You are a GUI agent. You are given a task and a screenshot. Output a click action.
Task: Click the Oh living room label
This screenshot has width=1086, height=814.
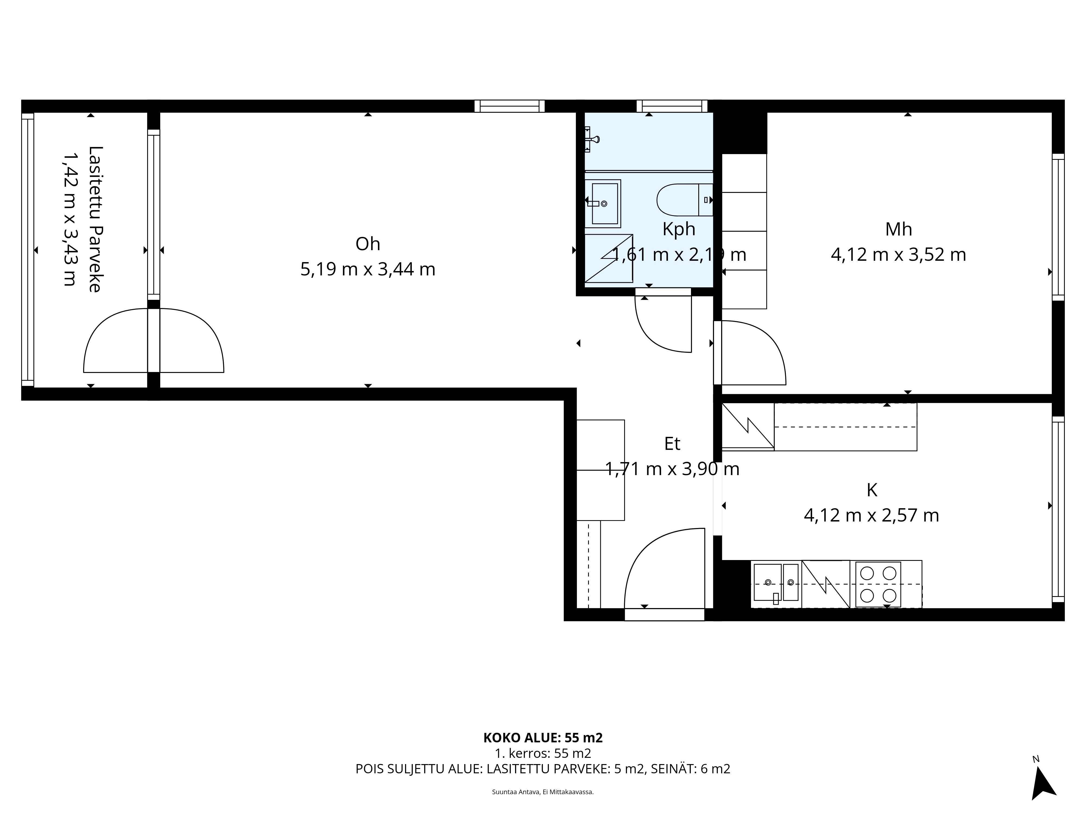[x=368, y=244]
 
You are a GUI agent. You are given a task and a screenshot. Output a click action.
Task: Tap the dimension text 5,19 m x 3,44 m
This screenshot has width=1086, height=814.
[x=368, y=269]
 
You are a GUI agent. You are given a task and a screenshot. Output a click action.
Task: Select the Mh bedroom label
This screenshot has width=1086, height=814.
[x=898, y=229]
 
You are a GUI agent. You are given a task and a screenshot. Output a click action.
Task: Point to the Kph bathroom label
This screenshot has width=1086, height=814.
[x=679, y=229]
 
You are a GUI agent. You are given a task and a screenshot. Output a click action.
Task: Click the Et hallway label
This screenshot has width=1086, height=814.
[x=672, y=444]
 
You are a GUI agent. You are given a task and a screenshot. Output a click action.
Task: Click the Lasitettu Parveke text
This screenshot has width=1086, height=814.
[x=95, y=219]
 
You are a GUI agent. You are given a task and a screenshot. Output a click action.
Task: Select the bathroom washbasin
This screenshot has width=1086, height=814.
[x=603, y=203]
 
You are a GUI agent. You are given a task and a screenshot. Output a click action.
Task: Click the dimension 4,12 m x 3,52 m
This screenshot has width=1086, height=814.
[x=898, y=255]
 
